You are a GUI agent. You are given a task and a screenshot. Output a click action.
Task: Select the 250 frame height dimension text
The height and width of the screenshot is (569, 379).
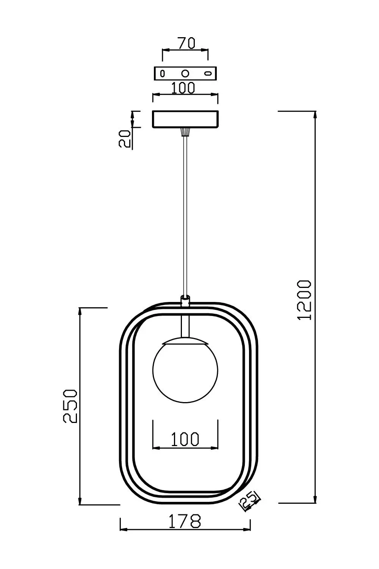[70, 406]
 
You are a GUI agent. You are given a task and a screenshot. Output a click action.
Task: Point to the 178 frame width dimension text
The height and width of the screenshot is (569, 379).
[185, 522]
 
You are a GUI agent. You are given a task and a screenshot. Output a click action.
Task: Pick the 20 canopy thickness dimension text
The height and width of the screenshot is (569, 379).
[125, 138]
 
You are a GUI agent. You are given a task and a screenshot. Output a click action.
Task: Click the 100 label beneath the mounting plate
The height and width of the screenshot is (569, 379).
[183, 88]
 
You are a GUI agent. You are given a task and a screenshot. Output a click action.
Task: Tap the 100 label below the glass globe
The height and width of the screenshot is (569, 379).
[185, 439]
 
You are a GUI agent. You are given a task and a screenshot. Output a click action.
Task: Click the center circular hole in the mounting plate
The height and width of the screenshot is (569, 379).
[185, 73]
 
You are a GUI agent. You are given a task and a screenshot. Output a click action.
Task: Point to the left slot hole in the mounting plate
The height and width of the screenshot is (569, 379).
[163, 73]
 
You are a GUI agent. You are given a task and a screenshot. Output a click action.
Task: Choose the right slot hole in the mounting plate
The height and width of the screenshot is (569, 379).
[208, 73]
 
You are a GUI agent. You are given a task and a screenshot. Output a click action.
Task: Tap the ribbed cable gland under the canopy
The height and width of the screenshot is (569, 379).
[185, 132]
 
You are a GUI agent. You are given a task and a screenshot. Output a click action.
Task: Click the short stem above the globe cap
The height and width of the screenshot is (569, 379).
[185, 326]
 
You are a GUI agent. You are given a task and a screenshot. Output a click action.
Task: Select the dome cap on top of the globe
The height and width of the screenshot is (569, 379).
[185, 340]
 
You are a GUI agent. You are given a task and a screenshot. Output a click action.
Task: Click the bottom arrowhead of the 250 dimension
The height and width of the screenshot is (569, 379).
[80, 500]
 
